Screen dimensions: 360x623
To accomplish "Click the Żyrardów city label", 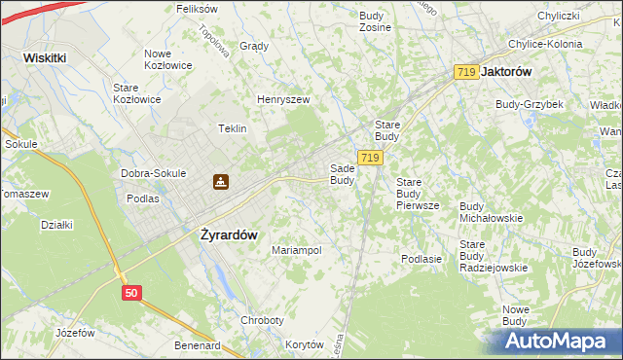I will [x=228, y=234].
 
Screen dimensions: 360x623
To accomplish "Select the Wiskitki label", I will [x=45, y=57].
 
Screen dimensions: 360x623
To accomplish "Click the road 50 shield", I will [x=133, y=291].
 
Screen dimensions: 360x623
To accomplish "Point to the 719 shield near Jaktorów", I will [x=466, y=72].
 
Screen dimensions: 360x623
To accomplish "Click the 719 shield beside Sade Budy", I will [x=369, y=158].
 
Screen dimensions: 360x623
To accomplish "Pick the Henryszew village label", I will [x=283, y=99].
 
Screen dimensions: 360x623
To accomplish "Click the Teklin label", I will [x=232, y=128].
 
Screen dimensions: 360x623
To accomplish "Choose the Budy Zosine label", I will [x=375, y=21].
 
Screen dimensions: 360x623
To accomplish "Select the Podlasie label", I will [x=421, y=259].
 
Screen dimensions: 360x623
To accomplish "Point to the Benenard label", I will [x=198, y=345].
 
